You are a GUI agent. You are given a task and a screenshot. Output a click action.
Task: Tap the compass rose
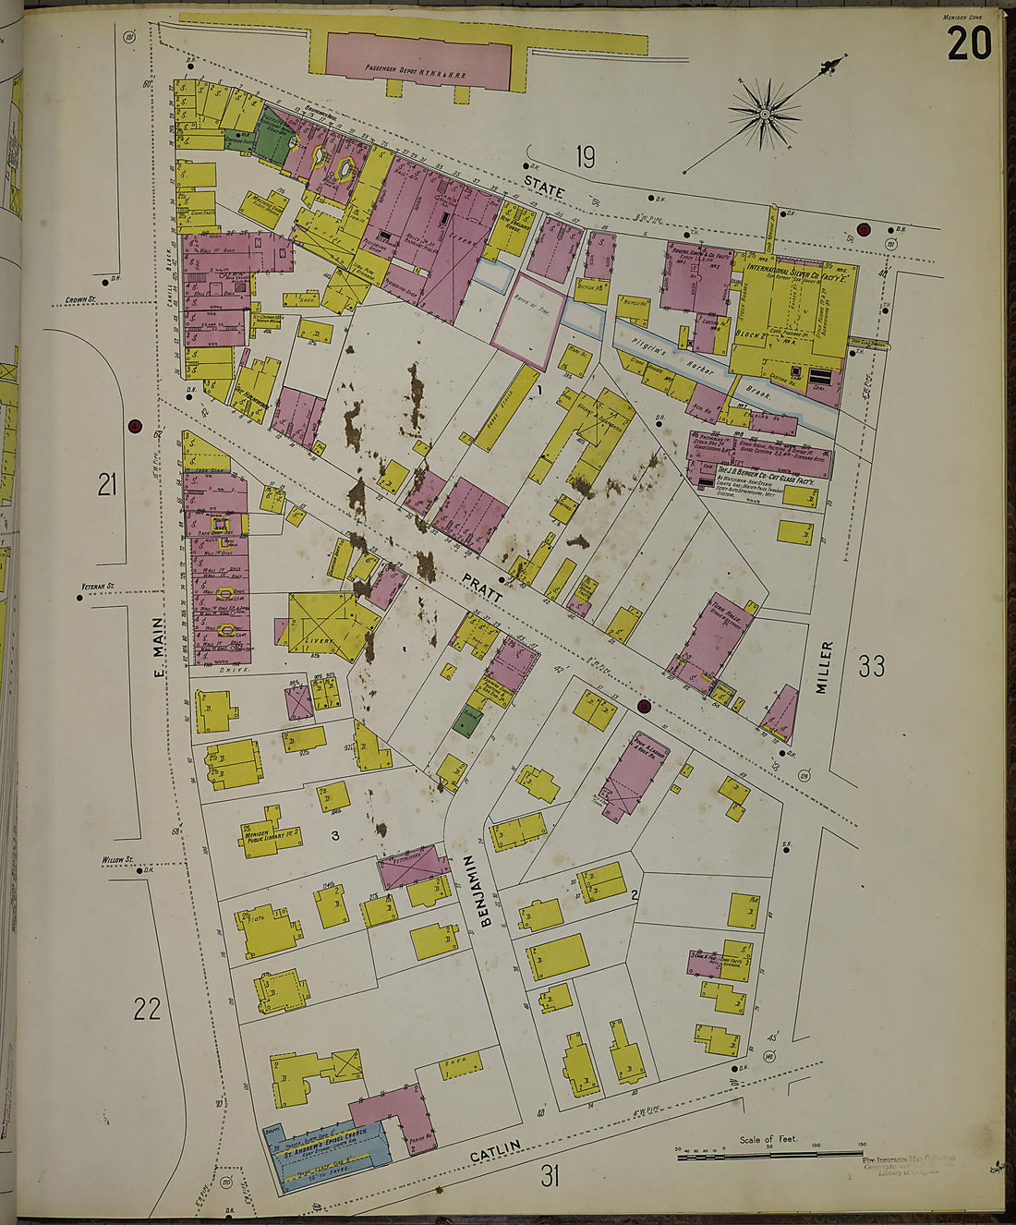[765, 114]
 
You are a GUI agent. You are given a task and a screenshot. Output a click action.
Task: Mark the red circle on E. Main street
[135, 426]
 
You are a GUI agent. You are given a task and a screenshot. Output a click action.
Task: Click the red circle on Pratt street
[644, 707]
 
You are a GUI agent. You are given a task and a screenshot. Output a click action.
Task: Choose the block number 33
[871, 666]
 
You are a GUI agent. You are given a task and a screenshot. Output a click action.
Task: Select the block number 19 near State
[584, 157]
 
